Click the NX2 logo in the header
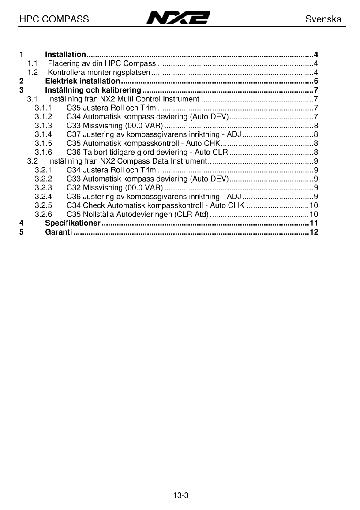tap(178, 19)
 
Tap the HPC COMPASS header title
tap(54, 19)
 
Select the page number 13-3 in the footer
tap(181, 495)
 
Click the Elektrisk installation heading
tap(82, 81)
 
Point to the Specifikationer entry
tap(73, 223)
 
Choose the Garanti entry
tap(58, 232)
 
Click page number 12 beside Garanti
tap(314, 232)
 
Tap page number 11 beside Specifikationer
tap(314, 223)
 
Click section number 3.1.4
tap(43, 134)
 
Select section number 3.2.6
tap(43, 214)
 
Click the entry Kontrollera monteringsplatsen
tap(99, 72)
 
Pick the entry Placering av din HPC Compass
tap(101, 63)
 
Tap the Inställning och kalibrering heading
tap(93, 90)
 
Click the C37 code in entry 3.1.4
tap(73, 134)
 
